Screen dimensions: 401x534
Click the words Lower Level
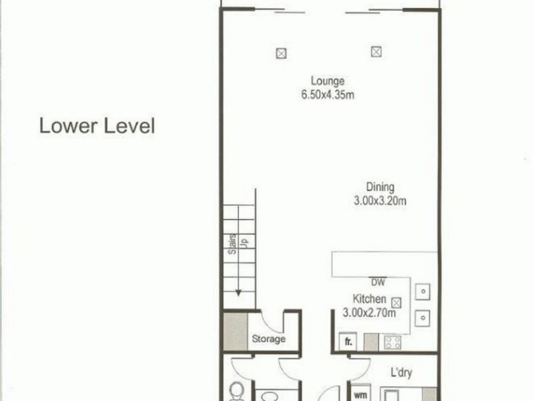pos(97,126)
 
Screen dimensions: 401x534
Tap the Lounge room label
pos(327,82)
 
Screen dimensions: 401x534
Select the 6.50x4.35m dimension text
pos(327,94)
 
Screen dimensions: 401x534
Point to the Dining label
pos(380,187)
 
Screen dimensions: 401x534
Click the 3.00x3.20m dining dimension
pos(380,200)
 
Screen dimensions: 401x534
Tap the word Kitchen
pos(369,299)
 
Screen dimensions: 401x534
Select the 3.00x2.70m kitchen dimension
pos(369,312)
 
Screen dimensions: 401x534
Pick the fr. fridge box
pos(348,342)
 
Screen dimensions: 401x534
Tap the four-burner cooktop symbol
pos(392,342)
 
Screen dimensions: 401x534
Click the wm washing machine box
pos(360,394)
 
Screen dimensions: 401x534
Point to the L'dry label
pos(401,372)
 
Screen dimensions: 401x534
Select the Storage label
pos(268,339)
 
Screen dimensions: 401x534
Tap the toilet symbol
pos(236,390)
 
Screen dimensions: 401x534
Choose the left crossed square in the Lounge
pos(282,51)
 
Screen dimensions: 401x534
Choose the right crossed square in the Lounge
pos(376,50)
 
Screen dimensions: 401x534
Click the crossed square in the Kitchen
pos(396,301)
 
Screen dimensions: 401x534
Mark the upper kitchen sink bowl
pos(423,291)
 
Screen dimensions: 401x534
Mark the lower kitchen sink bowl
pos(423,316)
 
